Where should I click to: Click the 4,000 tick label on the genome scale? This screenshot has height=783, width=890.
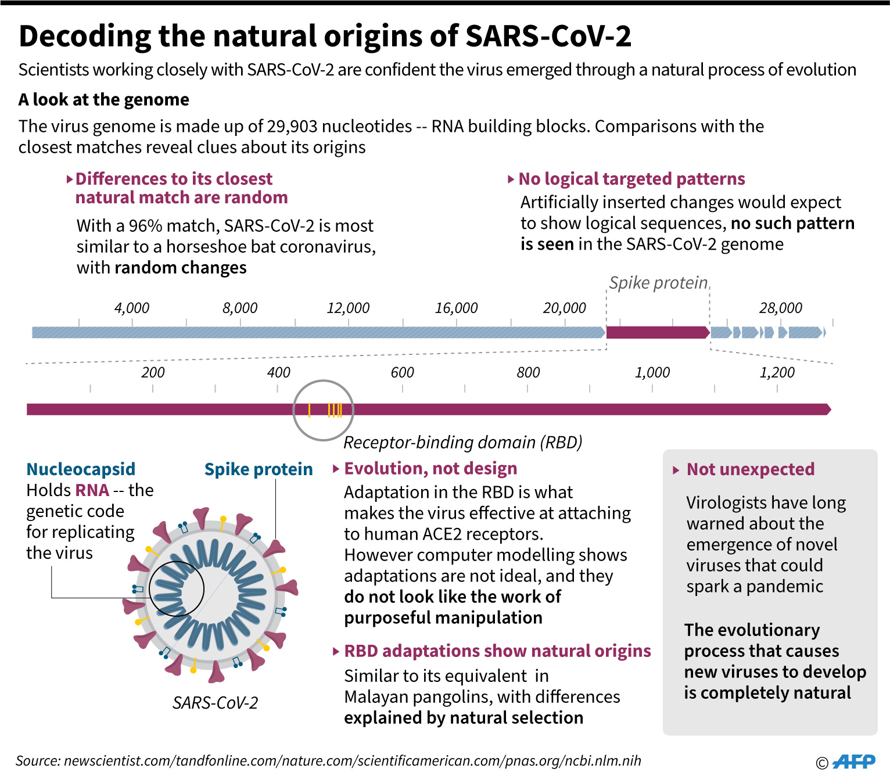pyautogui.click(x=132, y=308)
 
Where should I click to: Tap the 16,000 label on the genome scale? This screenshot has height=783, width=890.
pyautogui.click(x=456, y=308)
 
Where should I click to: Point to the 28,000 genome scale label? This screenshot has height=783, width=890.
pyautogui.click(x=780, y=308)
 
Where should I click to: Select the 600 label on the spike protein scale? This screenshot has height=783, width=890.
pyautogui.click(x=402, y=372)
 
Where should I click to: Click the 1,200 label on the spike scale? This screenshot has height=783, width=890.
pyautogui.click(x=777, y=372)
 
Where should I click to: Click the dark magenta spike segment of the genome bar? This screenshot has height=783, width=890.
pyautogui.click(x=657, y=332)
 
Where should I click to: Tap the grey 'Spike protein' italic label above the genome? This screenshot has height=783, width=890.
pyautogui.click(x=658, y=283)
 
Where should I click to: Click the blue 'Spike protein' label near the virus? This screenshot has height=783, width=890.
pyautogui.click(x=259, y=469)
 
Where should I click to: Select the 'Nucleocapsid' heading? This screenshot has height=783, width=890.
pyautogui.click(x=81, y=469)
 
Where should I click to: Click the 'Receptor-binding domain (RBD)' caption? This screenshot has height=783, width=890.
pyautogui.click(x=462, y=443)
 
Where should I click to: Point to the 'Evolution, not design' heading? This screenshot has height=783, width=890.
pyautogui.click(x=430, y=469)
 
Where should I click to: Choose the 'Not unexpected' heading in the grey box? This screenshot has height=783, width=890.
pyautogui.click(x=750, y=469)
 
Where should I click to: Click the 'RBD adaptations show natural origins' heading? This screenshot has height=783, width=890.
pyautogui.click(x=497, y=651)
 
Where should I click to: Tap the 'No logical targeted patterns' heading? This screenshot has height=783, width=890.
pyautogui.click(x=631, y=179)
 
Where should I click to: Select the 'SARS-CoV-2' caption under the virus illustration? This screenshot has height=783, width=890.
pyautogui.click(x=215, y=703)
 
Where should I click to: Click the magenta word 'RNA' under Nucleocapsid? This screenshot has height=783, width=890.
pyautogui.click(x=92, y=490)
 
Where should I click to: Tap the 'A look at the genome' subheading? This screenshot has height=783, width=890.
pyautogui.click(x=104, y=100)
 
